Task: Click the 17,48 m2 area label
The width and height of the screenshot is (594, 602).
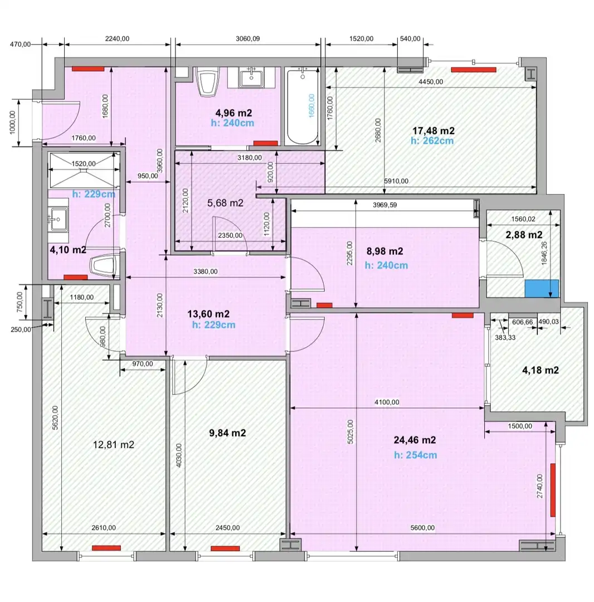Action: (x=433, y=131)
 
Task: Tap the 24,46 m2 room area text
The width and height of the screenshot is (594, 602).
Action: (x=415, y=440)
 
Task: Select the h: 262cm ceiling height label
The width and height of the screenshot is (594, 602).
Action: (x=432, y=141)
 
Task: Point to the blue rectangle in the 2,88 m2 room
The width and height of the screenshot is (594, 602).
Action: (x=542, y=288)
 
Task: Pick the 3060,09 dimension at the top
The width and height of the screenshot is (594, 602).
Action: (x=247, y=38)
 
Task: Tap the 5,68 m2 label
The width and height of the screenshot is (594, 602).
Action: (x=225, y=203)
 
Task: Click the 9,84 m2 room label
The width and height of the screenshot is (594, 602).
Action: (x=227, y=433)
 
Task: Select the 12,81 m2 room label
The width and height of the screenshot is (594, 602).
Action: (x=114, y=445)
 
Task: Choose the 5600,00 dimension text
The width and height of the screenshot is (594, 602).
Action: (x=422, y=527)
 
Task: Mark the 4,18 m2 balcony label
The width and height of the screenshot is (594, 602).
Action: (x=541, y=370)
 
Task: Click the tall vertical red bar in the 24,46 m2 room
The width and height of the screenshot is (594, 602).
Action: (x=553, y=490)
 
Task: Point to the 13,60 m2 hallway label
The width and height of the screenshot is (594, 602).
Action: (x=208, y=314)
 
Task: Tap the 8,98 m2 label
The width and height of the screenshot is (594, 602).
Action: (x=384, y=251)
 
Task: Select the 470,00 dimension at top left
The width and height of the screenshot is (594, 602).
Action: (x=20, y=44)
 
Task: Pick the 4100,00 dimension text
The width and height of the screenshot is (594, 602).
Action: (x=387, y=402)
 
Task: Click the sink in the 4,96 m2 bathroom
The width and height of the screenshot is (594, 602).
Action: (x=251, y=77)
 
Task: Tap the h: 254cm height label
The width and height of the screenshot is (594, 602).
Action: (x=416, y=455)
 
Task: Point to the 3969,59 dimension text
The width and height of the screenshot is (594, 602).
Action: (x=385, y=205)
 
